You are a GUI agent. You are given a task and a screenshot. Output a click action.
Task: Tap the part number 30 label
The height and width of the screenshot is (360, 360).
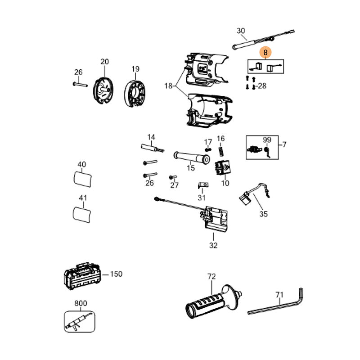[241, 31]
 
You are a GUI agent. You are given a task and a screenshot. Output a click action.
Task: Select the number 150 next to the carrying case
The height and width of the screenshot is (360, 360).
[116, 274]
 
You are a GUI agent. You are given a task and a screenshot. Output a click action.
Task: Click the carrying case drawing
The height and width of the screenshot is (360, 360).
[82, 275]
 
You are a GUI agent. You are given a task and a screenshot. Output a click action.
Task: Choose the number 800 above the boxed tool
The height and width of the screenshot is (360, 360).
[81, 304]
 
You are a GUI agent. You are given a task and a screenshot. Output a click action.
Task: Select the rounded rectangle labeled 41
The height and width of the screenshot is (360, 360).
[82, 212]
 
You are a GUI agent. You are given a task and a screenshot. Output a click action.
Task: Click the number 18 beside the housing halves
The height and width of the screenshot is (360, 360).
[168, 86]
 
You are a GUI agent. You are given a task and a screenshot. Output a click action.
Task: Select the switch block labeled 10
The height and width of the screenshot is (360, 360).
[223, 170]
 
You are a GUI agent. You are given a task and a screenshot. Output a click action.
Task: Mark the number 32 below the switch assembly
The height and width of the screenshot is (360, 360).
[213, 245]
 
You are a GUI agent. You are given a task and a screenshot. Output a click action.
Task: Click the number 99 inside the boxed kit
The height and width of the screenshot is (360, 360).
[267, 140]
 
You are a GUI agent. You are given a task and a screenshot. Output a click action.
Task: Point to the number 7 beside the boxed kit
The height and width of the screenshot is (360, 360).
[284, 144]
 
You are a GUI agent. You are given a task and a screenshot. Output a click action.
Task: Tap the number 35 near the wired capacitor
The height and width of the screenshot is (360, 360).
[263, 214]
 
